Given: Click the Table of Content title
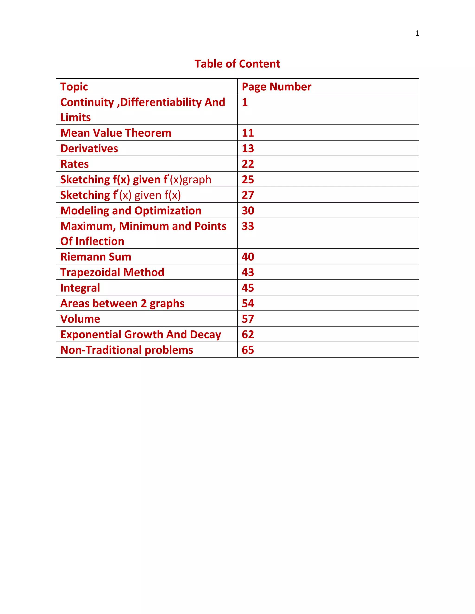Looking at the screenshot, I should click(237, 64).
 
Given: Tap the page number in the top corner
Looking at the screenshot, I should click(417, 33).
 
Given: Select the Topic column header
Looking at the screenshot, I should click(74, 87).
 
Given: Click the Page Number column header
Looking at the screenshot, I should click(276, 87).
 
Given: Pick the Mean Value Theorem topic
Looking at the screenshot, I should click(116, 133).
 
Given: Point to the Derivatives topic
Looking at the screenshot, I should click(89, 149).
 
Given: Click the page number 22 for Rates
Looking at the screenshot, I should click(248, 164).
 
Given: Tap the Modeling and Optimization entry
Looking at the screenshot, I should click(131, 211).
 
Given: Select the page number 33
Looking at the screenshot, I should click(248, 226).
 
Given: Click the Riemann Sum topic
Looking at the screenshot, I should click(96, 257).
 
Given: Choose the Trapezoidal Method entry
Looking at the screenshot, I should click(112, 272).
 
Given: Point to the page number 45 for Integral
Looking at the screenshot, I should click(248, 288).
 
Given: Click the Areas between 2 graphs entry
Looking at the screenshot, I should click(122, 303).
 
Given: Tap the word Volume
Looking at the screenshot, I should click(80, 319).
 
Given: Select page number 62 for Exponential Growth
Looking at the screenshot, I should click(248, 334).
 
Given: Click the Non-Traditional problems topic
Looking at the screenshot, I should click(127, 350).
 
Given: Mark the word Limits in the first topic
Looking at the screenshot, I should click(75, 117).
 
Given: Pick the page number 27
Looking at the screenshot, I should click(248, 195).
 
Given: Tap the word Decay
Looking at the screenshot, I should click(205, 335).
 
